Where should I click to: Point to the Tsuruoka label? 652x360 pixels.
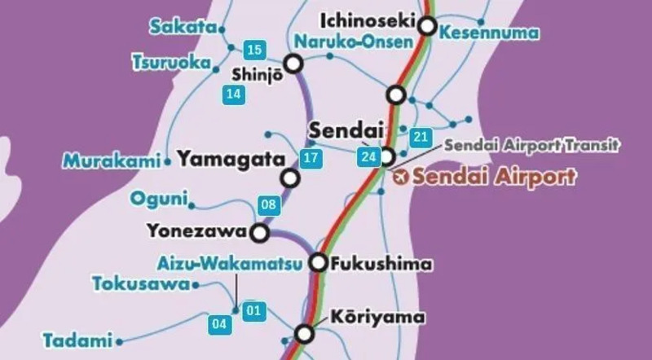click(x=170, y=62)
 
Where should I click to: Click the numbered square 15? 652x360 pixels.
click(x=253, y=50)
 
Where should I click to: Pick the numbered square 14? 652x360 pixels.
click(x=234, y=94)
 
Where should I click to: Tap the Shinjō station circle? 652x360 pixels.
click(x=293, y=63)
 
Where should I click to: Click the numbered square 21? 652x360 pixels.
click(x=421, y=136)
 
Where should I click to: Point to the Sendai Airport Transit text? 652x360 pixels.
click(x=532, y=146)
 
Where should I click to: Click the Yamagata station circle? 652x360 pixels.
click(x=289, y=178)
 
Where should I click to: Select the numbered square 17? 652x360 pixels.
click(x=310, y=157)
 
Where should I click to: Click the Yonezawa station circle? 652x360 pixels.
click(x=260, y=234)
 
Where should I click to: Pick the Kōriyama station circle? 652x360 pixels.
click(x=304, y=333)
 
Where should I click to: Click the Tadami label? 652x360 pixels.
click(x=77, y=340)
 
